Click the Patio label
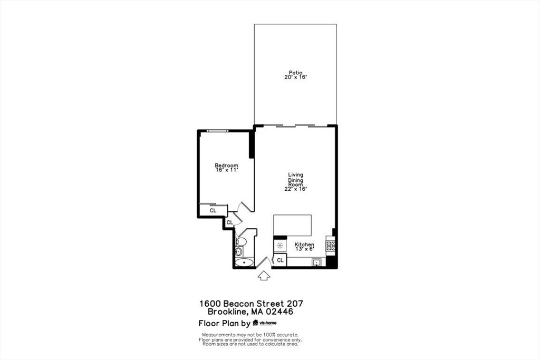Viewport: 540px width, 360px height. (x=295, y=73)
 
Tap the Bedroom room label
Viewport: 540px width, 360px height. (x=226, y=165)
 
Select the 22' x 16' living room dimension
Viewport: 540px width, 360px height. (x=295, y=189)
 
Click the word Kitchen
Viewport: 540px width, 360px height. (x=304, y=245)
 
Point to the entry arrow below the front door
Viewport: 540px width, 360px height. (x=264, y=275)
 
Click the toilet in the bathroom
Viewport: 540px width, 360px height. (x=240, y=241)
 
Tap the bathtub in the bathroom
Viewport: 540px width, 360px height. (x=244, y=263)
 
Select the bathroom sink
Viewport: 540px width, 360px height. (x=239, y=251)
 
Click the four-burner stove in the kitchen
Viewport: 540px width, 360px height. (x=331, y=246)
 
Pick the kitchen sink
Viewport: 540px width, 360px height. (x=316, y=263)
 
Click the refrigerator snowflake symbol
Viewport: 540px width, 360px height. (x=280, y=246)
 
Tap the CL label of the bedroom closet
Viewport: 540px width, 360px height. (x=213, y=210)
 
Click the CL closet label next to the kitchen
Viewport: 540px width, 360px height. (x=281, y=260)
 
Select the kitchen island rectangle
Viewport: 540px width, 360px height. (x=292, y=226)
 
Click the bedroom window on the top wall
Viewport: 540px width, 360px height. (x=217, y=131)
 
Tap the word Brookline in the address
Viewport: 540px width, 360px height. (x=228, y=312)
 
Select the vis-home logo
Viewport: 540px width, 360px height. (x=265, y=323)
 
